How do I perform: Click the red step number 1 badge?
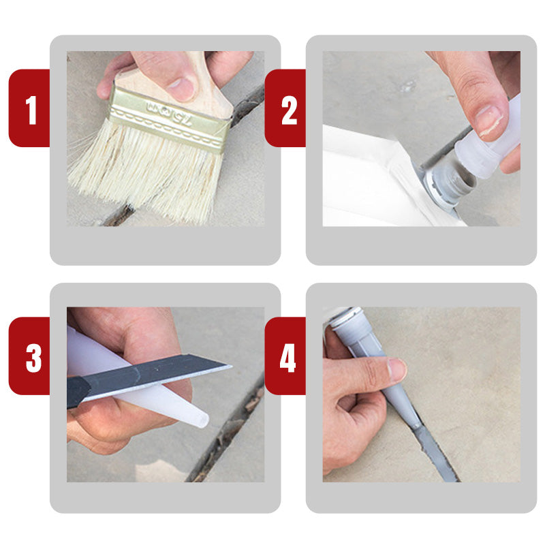point(30,109)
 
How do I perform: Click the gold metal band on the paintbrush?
point(170,119)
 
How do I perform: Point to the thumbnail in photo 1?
point(182,88)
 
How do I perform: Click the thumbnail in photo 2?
point(488,119)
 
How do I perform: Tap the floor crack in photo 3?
point(225,436)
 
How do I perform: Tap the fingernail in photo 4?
point(396,370)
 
